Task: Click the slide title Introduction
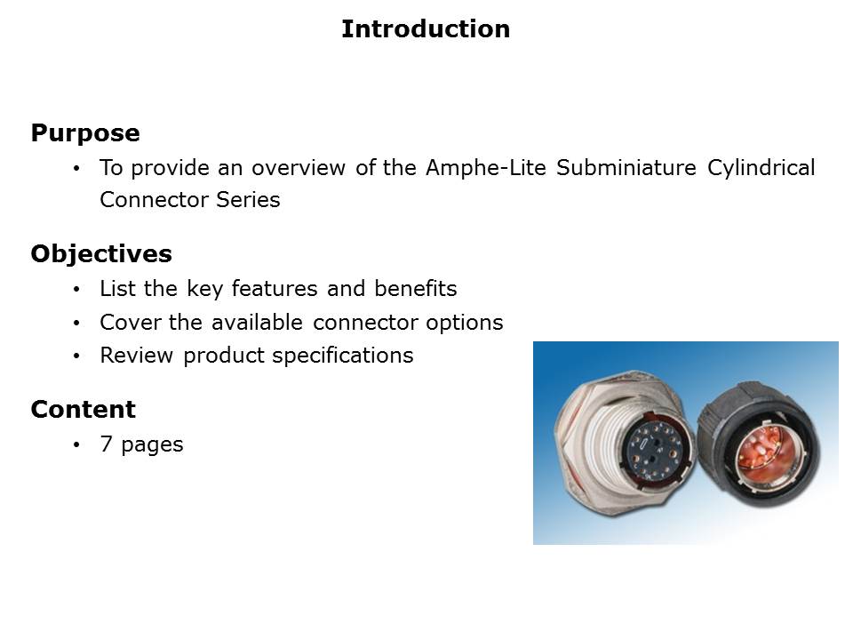point(426,28)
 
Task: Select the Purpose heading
point(85,133)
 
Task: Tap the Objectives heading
point(101,254)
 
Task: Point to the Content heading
point(84,409)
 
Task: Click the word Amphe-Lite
point(486,168)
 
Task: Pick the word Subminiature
point(626,168)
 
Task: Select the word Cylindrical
point(761,169)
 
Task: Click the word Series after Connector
point(248,200)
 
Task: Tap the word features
point(275,288)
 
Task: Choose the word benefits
point(416,288)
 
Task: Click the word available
point(257,322)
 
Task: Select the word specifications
point(343,356)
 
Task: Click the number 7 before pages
point(106,444)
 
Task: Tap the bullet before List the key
point(76,290)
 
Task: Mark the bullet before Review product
point(76,356)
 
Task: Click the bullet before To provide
point(76,169)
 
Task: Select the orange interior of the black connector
point(763,452)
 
